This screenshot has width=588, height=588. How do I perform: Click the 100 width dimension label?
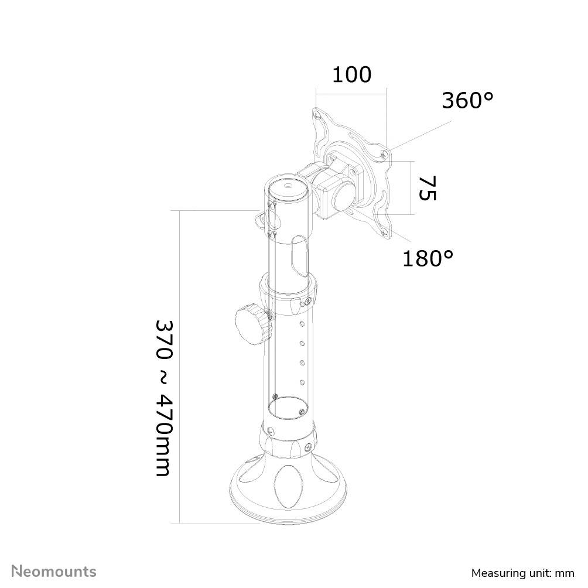tap(351, 75)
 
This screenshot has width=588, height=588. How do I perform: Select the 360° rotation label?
tap(467, 101)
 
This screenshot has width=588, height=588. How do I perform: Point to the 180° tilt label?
tap(428, 258)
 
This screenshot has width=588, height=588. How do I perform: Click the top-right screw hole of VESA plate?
tap(384, 153)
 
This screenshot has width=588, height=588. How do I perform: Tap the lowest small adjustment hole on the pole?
tap(302, 382)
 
